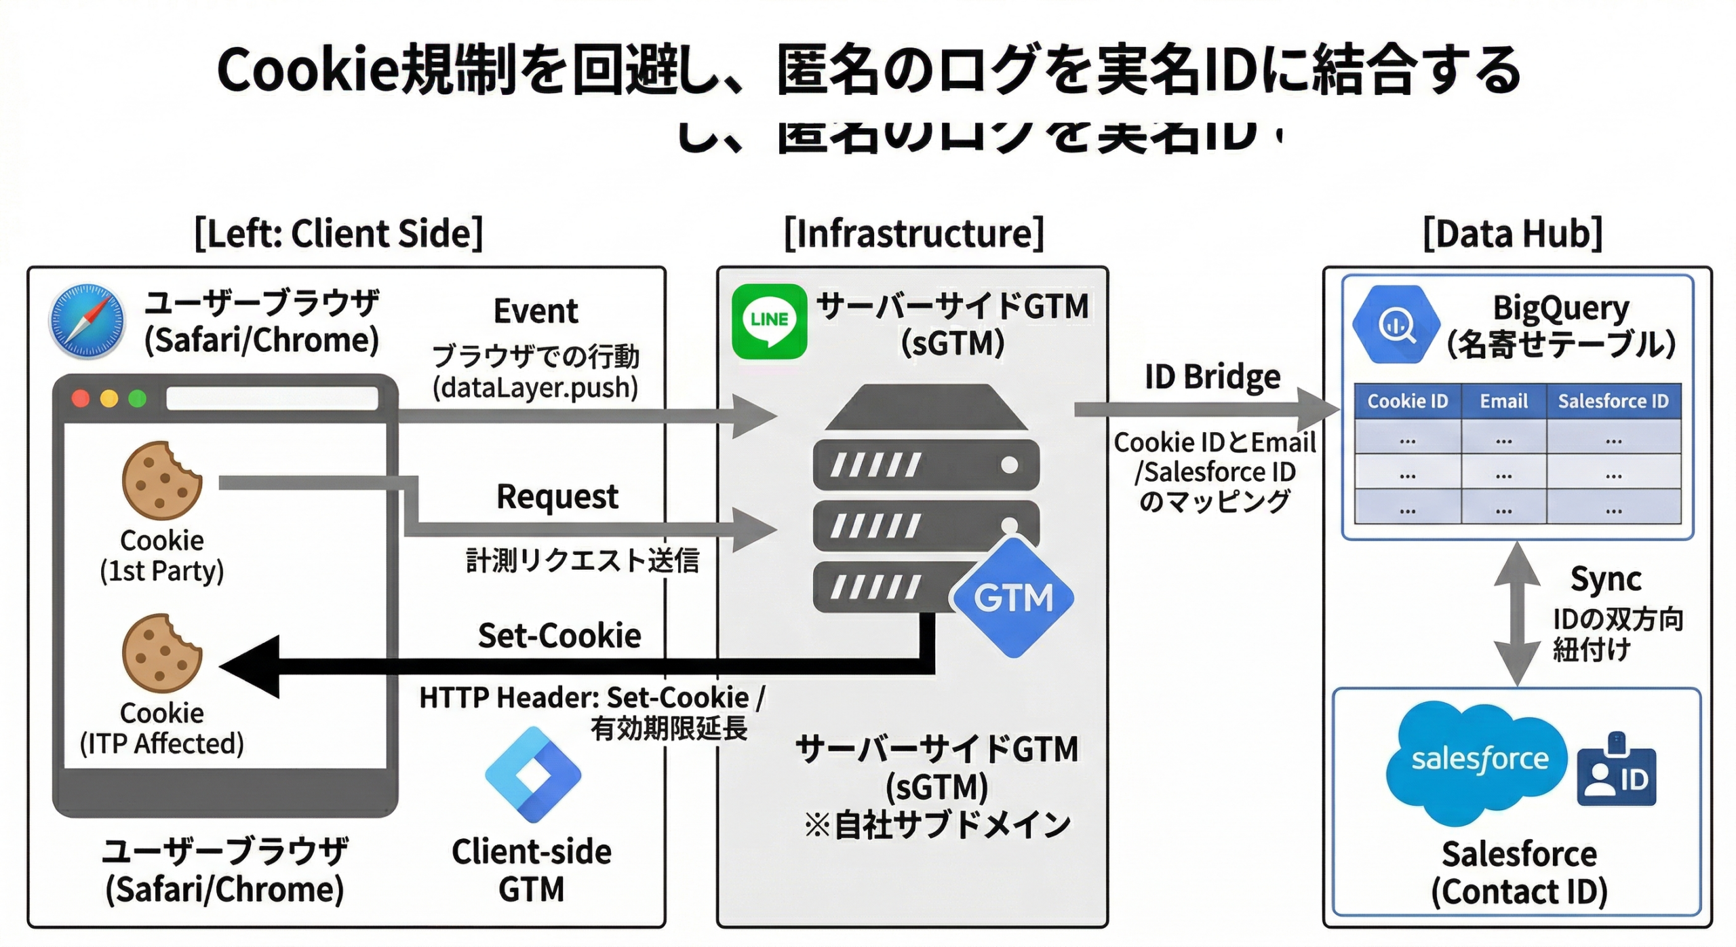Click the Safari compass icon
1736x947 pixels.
(x=87, y=321)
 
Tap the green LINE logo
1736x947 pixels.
(x=769, y=321)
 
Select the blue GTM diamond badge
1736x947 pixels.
(x=1013, y=598)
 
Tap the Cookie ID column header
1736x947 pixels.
(x=1407, y=401)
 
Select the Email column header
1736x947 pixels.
(x=1503, y=401)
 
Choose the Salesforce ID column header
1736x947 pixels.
(x=1613, y=401)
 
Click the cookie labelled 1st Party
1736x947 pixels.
(x=161, y=480)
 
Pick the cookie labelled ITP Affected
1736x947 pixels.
(x=161, y=653)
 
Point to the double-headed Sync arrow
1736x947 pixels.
(x=1517, y=614)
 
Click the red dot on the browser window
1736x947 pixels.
(x=81, y=398)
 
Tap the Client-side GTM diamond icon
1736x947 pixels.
(x=533, y=774)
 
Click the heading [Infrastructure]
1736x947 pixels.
(x=913, y=234)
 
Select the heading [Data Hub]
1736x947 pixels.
(x=1512, y=234)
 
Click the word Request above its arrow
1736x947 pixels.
(x=557, y=497)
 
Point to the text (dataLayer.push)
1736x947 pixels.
(x=536, y=388)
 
